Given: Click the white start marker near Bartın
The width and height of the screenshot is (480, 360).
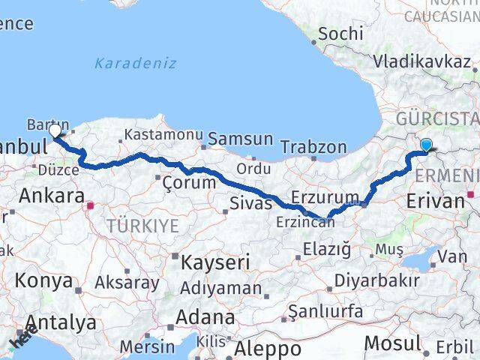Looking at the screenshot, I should click(x=55, y=131).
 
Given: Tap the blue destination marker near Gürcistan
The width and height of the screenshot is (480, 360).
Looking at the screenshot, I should click(x=426, y=145).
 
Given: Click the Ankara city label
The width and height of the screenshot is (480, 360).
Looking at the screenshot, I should click(x=51, y=196).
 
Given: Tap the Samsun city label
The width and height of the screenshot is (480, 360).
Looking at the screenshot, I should click(x=240, y=139).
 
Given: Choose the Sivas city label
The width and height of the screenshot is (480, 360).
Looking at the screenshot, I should click(x=250, y=201).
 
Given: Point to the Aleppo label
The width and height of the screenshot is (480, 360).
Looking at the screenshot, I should click(x=268, y=349).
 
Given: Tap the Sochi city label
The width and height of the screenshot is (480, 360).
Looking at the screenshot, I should click(x=340, y=34).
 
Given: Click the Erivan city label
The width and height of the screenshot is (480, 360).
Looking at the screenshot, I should click(x=435, y=200).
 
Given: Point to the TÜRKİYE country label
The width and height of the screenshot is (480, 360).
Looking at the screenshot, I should click(x=142, y=226).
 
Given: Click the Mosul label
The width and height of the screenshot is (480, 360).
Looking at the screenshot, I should click(x=392, y=343).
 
